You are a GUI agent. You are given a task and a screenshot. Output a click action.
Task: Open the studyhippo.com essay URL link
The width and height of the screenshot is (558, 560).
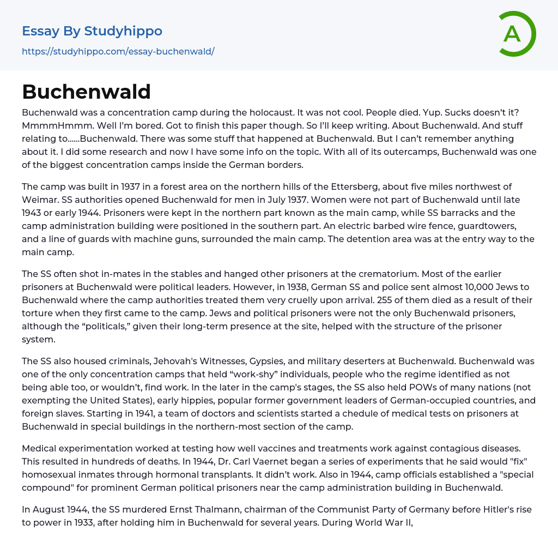pyautogui.click(x=118, y=51)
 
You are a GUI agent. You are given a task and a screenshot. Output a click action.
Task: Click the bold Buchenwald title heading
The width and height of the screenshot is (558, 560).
pyautogui.click(x=86, y=92)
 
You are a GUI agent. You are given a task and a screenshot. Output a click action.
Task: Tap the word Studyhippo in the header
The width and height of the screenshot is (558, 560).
pyautogui.click(x=123, y=31)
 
